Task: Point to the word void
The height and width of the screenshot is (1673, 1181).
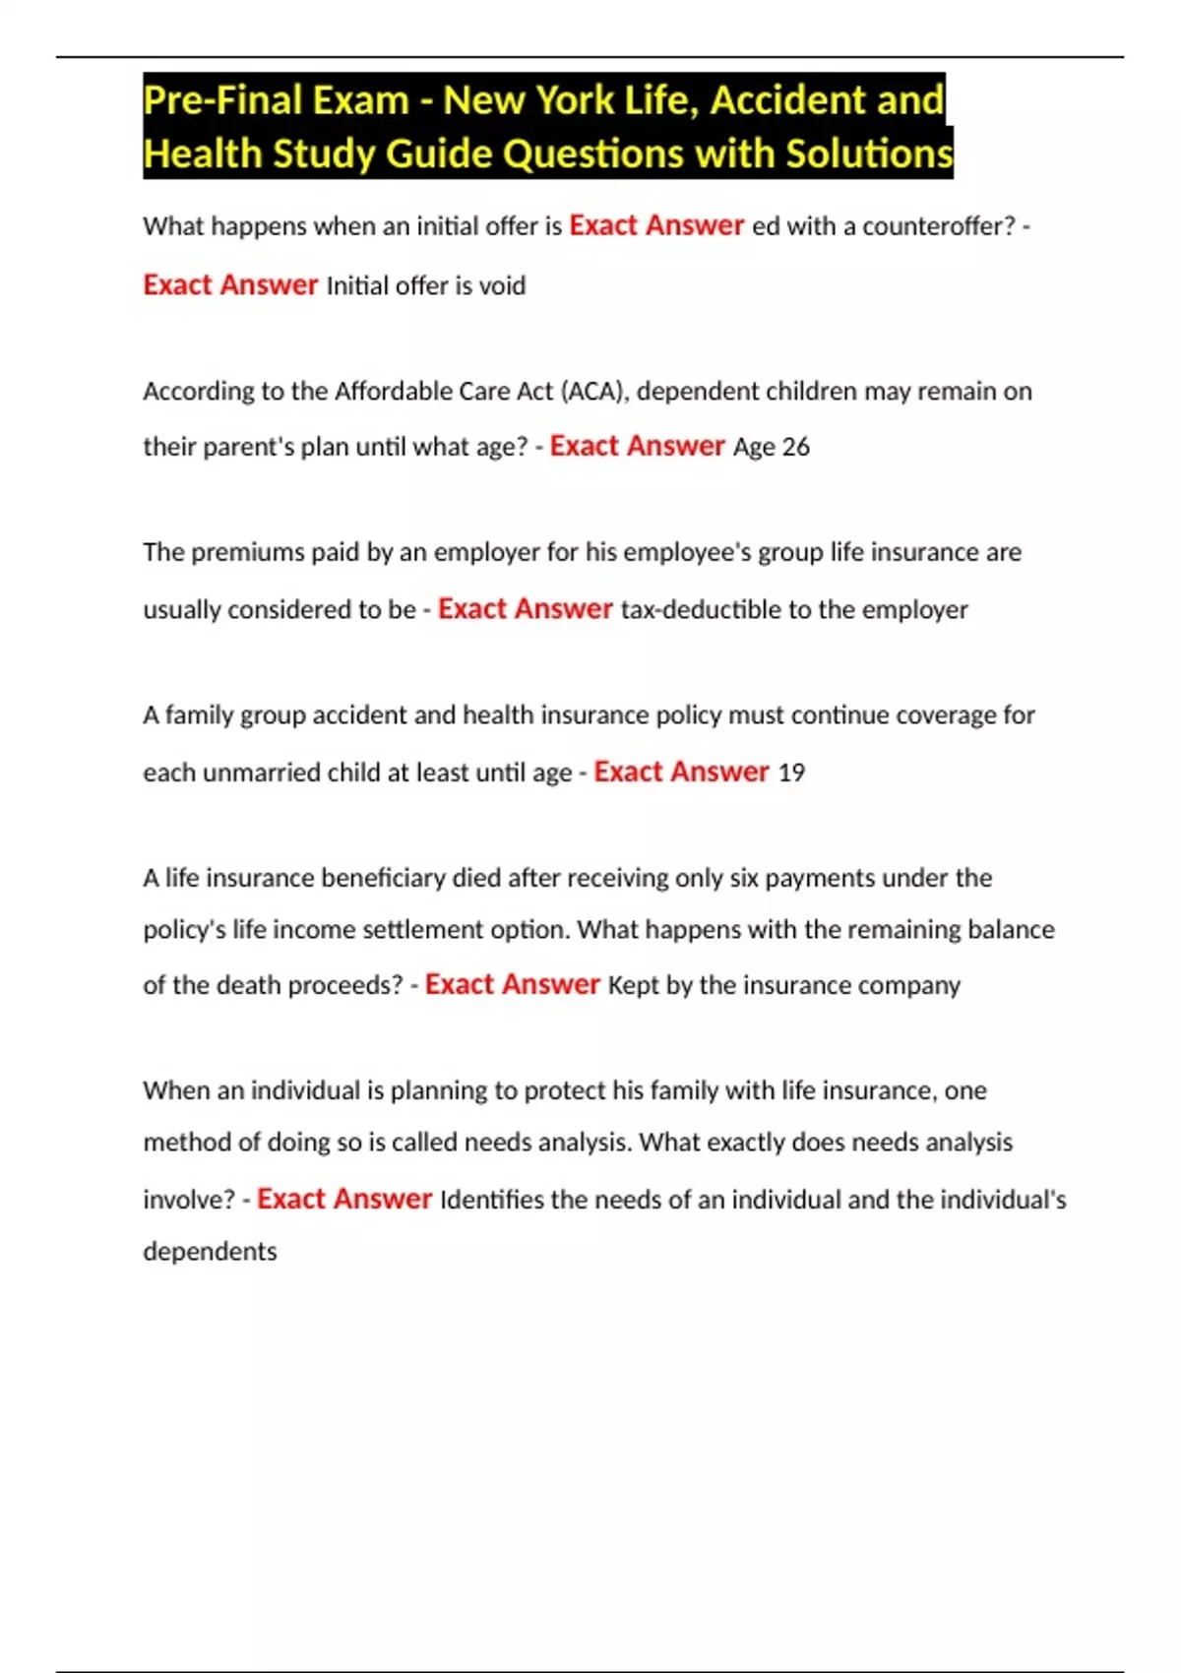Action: point(502,286)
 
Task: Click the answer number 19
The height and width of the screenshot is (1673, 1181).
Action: point(791,774)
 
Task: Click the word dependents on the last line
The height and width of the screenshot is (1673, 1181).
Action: point(210,1252)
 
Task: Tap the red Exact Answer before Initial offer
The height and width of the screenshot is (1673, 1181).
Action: point(230,285)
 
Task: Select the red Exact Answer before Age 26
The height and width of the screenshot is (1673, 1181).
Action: point(637,447)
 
